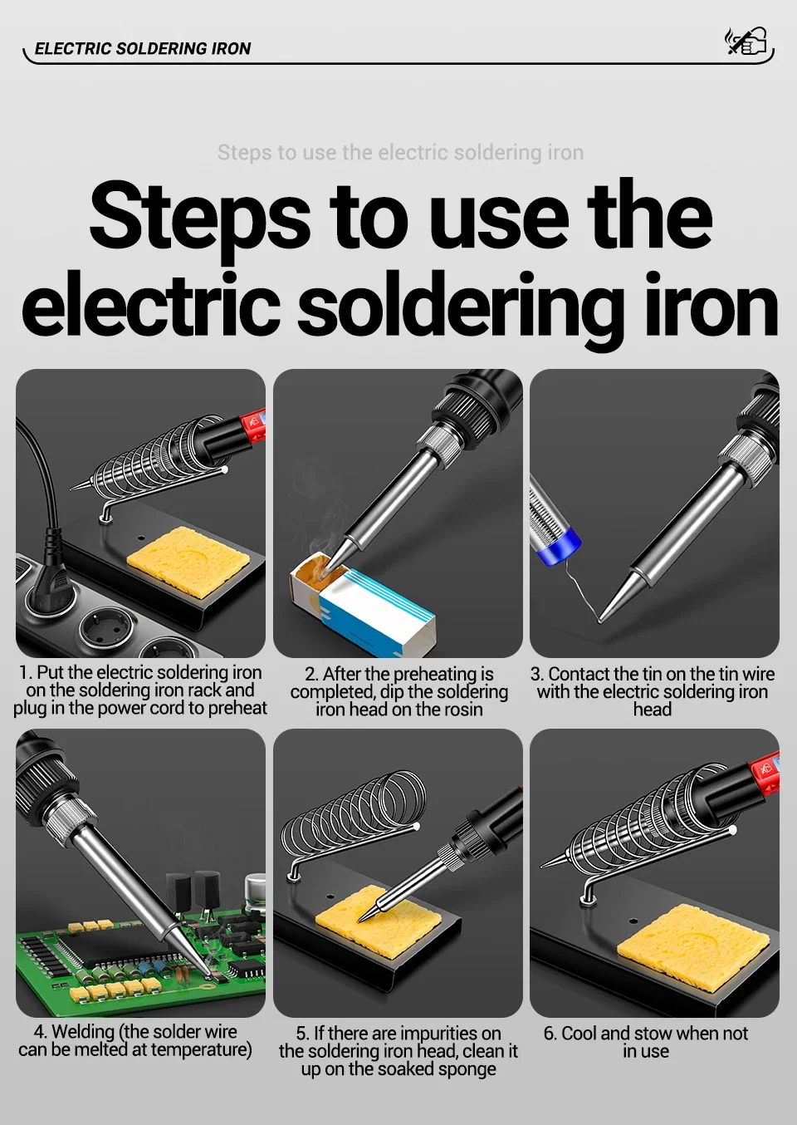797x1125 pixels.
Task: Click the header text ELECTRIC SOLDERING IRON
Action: pos(143,48)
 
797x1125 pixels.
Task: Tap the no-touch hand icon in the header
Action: pos(746,41)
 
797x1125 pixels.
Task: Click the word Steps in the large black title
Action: pos(200,219)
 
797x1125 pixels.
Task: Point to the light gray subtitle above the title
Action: pos(400,152)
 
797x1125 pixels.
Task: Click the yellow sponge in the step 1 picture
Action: pos(188,562)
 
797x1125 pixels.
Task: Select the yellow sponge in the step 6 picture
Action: pos(692,946)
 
